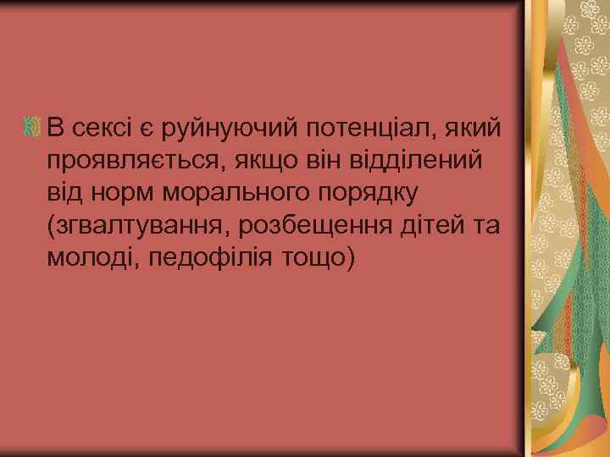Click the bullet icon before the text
click(33, 128)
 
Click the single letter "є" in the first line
click(145, 129)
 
